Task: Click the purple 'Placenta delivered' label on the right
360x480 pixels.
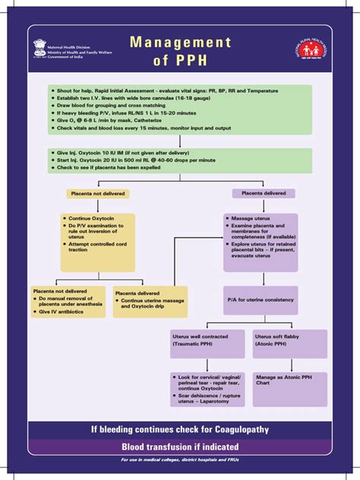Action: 264,194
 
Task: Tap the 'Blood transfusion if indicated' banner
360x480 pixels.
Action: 181,447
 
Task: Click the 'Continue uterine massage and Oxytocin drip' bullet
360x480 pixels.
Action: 151,304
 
